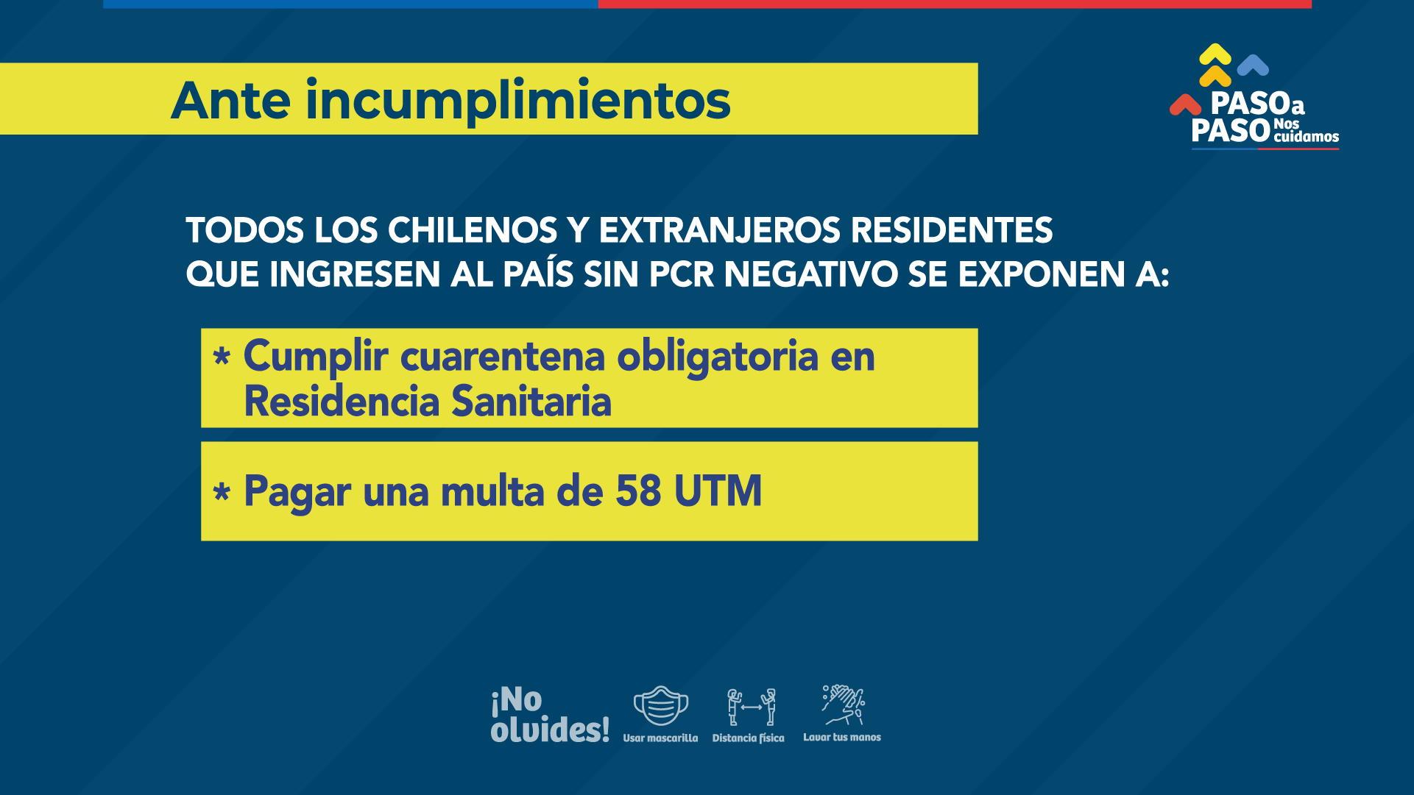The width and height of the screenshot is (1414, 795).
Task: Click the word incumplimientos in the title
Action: coord(518,101)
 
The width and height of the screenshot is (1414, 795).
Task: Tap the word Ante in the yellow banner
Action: coord(231,101)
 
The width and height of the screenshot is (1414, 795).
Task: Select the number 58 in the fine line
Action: coord(638,491)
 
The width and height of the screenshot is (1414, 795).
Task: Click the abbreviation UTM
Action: coord(718,491)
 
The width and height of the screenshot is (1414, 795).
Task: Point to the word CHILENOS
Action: coord(473,230)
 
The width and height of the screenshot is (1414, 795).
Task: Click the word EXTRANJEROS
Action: coord(720,230)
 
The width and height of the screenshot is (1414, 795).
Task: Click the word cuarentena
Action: coord(503,356)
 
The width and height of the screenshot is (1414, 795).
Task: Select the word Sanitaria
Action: coord(531,402)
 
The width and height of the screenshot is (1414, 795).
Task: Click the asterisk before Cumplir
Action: coord(222,357)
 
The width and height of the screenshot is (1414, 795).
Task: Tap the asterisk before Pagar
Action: coord(222,491)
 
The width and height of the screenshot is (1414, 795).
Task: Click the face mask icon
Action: coord(661,706)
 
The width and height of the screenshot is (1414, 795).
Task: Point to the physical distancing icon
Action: coord(751,707)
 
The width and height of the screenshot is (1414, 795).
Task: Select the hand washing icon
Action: coord(844,705)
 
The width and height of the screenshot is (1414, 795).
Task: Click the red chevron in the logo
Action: coord(1185,104)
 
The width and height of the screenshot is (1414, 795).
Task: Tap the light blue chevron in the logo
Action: coord(1253,65)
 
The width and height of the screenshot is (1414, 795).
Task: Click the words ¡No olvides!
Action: coord(550,714)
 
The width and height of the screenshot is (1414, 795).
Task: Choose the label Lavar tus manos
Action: coord(842,737)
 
